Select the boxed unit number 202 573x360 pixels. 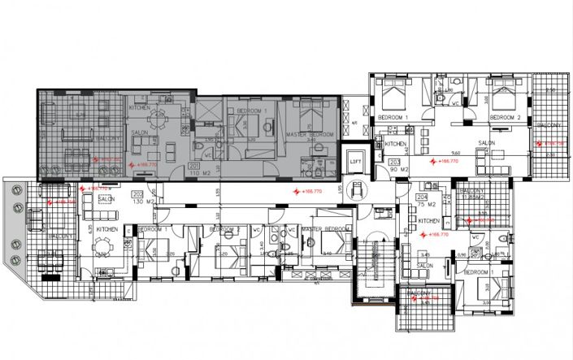tap(137, 194)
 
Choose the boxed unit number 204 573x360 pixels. tap(422, 197)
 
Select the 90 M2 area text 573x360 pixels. tap(396, 171)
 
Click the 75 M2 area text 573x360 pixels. tap(422, 206)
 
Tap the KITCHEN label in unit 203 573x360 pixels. tap(396, 144)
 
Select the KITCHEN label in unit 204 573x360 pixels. tap(428, 219)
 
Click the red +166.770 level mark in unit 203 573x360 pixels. tap(448, 162)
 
